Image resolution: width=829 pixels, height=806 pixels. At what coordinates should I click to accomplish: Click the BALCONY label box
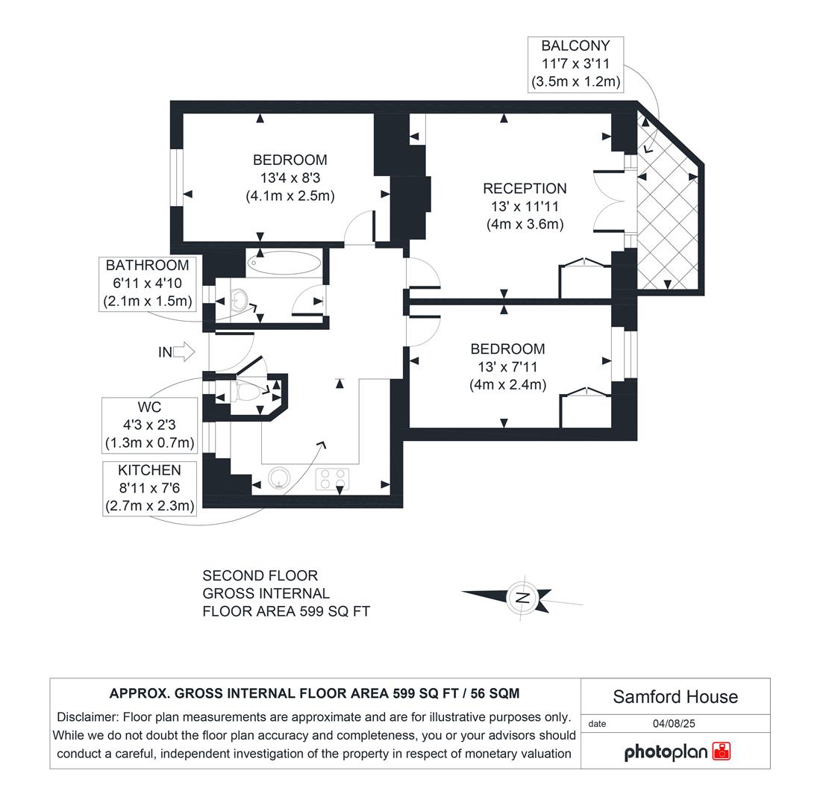point(575,64)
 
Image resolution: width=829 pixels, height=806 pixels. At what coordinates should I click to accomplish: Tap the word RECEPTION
point(525,189)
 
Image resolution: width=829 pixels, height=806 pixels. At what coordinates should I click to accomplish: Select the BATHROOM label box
point(147,284)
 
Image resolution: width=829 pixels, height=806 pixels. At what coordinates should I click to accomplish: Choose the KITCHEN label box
point(149,488)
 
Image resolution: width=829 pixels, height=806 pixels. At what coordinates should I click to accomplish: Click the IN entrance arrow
point(184,352)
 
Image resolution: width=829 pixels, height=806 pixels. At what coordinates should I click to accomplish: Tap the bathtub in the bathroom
point(284,263)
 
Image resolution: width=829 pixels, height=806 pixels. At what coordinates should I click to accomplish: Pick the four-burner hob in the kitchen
point(333,478)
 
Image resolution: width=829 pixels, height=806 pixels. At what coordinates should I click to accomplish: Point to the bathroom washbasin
point(237,301)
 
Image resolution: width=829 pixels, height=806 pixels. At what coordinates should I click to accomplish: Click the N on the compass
point(523,597)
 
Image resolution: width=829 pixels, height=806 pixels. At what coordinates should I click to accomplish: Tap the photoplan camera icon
point(722,751)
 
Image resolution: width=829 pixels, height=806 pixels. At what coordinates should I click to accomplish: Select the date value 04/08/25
point(674,723)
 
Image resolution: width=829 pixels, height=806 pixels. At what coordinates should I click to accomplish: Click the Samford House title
point(675,697)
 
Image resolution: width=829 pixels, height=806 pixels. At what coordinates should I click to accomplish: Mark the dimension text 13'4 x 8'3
point(290,178)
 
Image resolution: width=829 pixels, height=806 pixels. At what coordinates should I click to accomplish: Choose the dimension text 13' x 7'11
point(507,367)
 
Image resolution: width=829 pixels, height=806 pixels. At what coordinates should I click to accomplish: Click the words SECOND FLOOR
point(260,576)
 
